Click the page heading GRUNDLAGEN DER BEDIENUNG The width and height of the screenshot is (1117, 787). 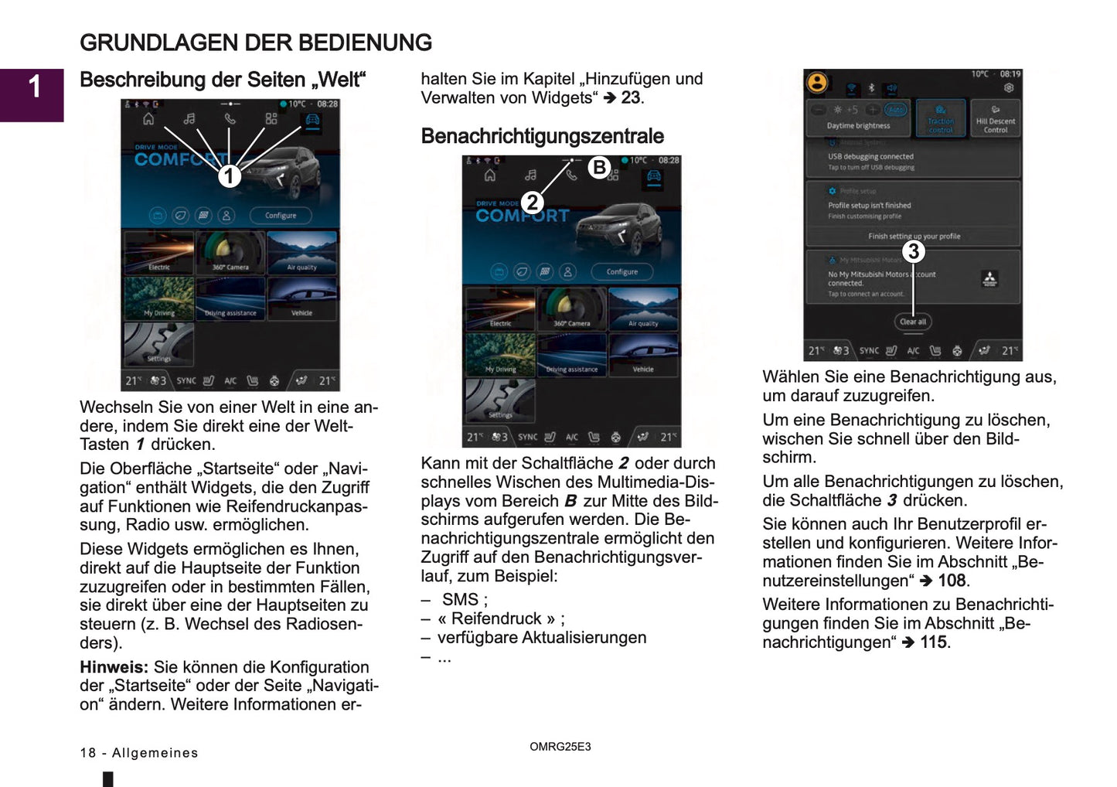click(256, 43)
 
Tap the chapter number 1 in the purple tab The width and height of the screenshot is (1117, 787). click(34, 87)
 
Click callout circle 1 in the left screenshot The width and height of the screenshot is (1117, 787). click(229, 176)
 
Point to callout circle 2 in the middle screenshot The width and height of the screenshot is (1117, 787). click(532, 203)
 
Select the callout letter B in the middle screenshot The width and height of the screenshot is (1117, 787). click(598, 167)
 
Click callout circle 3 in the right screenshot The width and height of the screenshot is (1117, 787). click(913, 251)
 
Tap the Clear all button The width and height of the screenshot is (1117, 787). click(912, 322)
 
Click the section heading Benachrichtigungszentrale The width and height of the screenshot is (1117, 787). click(542, 136)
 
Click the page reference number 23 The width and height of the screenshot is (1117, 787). click(631, 98)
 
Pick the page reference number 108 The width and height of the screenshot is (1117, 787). click(952, 581)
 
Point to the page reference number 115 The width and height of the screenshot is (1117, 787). click(934, 642)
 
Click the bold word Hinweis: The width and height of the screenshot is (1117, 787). click(114, 667)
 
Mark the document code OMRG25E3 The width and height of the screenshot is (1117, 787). click(560, 747)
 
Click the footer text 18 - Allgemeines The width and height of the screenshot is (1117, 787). click(139, 753)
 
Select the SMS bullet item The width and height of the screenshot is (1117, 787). click(464, 600)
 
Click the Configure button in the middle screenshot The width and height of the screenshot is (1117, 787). click(622, 272)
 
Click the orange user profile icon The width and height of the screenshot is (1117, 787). click(817, 82)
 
